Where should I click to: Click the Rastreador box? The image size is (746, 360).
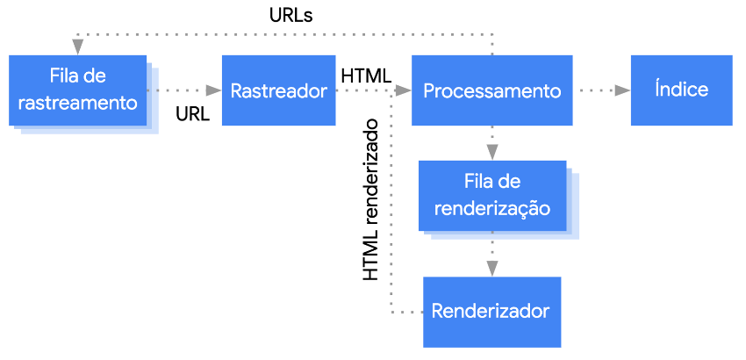coord(279,90)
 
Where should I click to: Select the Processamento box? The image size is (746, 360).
coord(492,90)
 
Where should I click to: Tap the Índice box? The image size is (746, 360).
coord(681,90)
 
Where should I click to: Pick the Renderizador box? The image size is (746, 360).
coord(492,312)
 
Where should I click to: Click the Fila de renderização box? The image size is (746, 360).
coord(492,196)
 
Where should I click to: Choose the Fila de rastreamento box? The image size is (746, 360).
coord(77,90)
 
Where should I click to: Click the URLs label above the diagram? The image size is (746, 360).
coord(291,16)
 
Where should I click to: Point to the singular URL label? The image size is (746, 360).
coord(193,114)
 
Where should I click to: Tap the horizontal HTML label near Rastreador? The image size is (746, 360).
coord(366,76)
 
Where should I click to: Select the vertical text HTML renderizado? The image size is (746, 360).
coord(370,199)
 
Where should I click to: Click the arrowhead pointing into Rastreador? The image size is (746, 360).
coord(214,90)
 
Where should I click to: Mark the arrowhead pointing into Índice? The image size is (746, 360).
coord(623,90)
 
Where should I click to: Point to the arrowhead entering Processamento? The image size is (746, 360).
coord(404,90)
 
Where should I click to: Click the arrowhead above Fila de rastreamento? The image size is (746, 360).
coord(77,47)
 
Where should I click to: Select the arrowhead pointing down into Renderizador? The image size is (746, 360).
coord(492,269)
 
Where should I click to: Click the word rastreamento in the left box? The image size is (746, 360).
coord(77,103)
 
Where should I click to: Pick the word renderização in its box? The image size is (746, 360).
coord(492,209)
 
